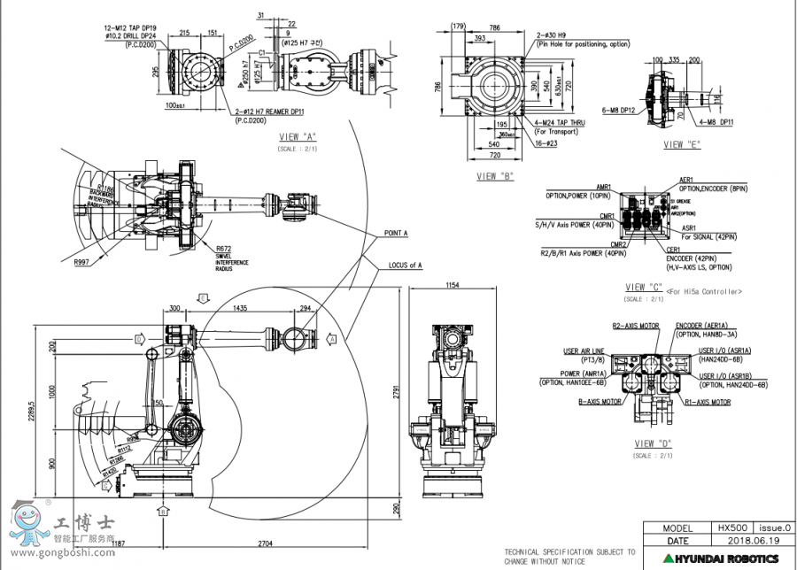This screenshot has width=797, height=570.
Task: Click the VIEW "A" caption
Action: (x=298, y=136)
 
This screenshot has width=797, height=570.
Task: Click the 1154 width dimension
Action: (x=453, y=285)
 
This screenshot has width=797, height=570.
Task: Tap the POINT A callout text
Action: (x=396, y=233)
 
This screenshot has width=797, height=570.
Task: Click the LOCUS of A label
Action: (x=406, y=265)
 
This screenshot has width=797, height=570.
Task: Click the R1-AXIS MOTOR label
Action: (x=708, y=401)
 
